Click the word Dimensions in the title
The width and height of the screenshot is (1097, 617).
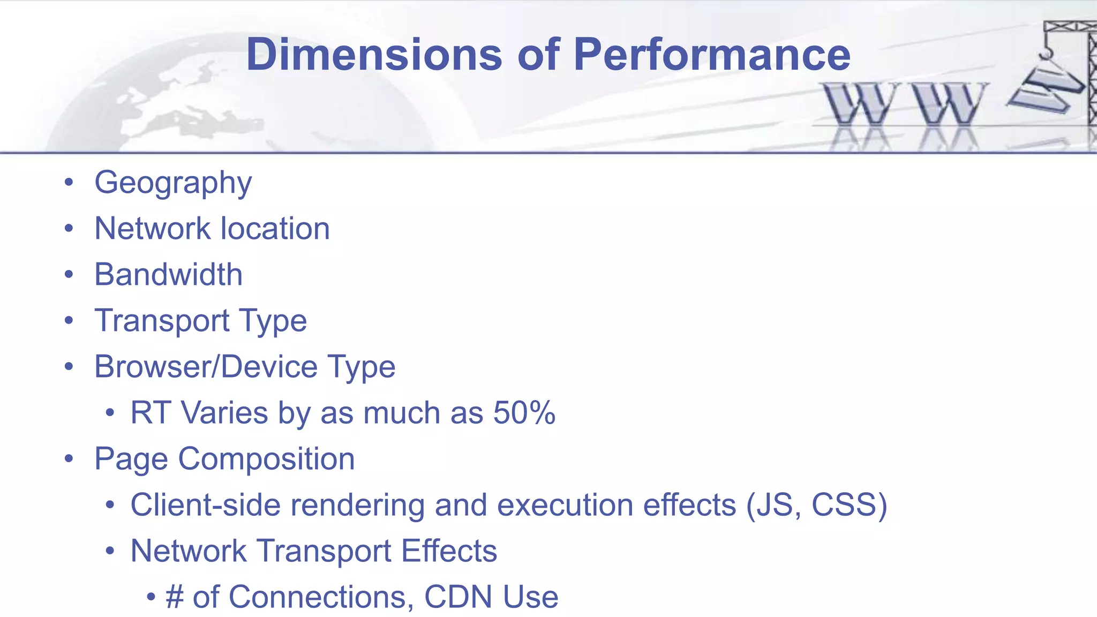[374, 55]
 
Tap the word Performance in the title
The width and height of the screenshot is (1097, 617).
[712, 55]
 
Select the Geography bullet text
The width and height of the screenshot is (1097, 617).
[173, 183]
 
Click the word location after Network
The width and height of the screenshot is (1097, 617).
[275, 229]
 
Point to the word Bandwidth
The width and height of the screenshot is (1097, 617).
[168, 275]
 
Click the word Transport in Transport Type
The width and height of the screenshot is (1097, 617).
[162, 321]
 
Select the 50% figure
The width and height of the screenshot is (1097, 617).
[524, 413]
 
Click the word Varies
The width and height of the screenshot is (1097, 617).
[224, 413]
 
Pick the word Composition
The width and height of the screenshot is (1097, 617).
[266, 459]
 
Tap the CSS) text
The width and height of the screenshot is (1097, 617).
[850, 505]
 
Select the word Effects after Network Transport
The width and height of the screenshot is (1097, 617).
[449, 551]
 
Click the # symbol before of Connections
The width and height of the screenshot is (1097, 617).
[175, 597]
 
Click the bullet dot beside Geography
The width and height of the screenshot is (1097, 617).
[69, 183]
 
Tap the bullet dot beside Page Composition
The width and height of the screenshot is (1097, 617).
[69, 459]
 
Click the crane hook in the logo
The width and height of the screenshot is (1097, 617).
[1046, 52]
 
